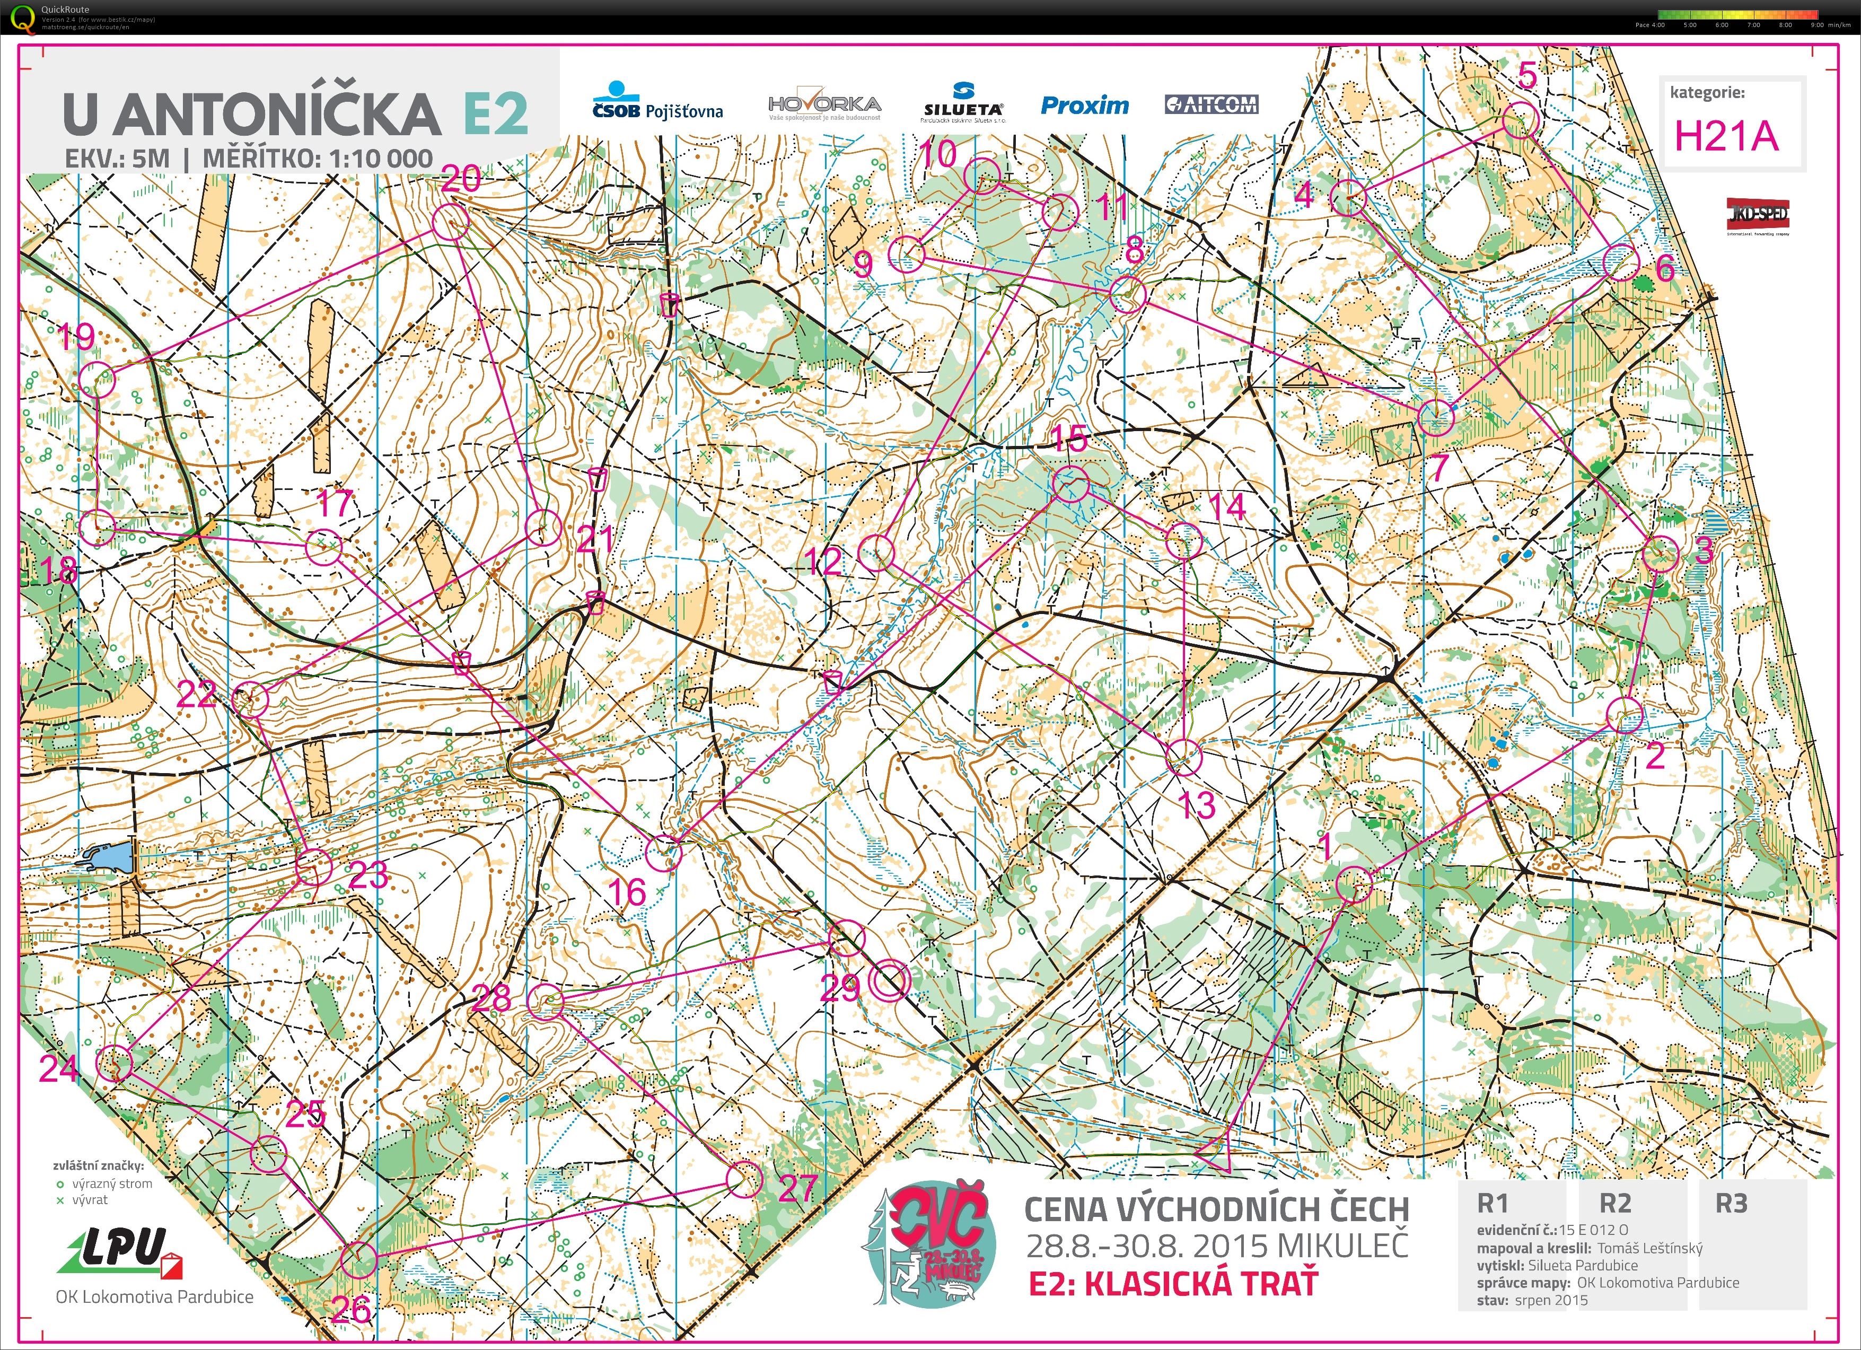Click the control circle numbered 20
451,222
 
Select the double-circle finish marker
890,981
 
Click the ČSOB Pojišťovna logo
657,102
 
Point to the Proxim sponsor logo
1085,105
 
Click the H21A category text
1726,136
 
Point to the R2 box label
1615,1203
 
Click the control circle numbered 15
1071,484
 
